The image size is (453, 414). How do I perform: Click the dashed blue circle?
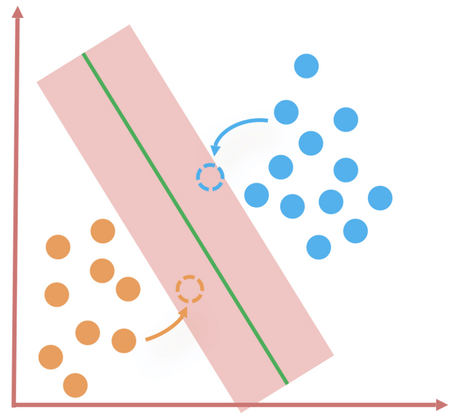click(x=210, y=177)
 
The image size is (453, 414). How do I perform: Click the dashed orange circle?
click(x=189, y=289)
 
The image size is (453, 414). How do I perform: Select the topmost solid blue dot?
click(x=307, y=66)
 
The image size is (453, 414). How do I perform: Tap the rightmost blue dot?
click(x=380, y=198)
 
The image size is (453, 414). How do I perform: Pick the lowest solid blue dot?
click(x=319, y=247)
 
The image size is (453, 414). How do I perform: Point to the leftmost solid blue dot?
click(x=257, y=195)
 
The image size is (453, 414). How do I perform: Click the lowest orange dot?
click(x=75, y=385)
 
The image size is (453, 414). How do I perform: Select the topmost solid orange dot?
click(x=103, y=231)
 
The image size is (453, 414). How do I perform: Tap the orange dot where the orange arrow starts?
click(x=124, y=340)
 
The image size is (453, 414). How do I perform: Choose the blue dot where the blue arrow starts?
click(x=286, y=112)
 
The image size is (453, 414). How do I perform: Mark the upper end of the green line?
click(x=83, y=54)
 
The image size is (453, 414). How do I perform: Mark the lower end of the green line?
click(x=287, y=383)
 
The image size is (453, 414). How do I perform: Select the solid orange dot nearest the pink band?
click(x=128, y=289)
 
